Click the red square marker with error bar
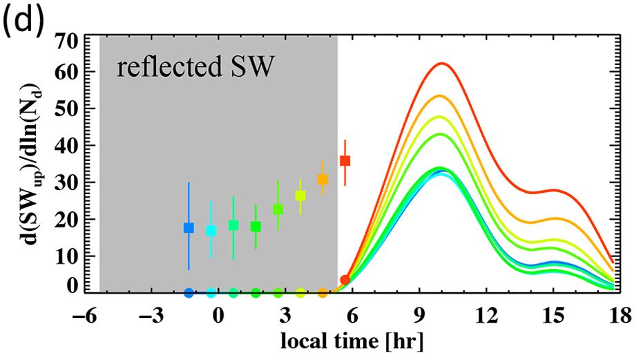345,161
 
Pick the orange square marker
323,180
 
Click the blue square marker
189,228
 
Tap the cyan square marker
211,231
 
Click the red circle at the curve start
345,280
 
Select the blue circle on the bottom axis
189,293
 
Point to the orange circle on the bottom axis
323,293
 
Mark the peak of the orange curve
441,96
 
